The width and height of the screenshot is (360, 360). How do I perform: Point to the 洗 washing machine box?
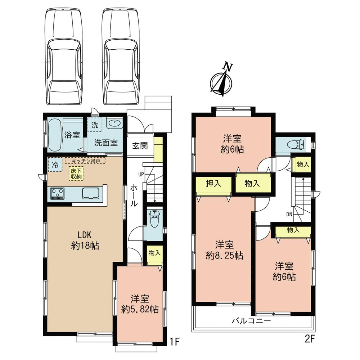pos(95,126)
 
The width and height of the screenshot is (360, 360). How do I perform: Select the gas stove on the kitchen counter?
pos(57,194)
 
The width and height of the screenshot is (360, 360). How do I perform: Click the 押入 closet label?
pos(213,184)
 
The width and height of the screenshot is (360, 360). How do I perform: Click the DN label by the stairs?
pos(289,215)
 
